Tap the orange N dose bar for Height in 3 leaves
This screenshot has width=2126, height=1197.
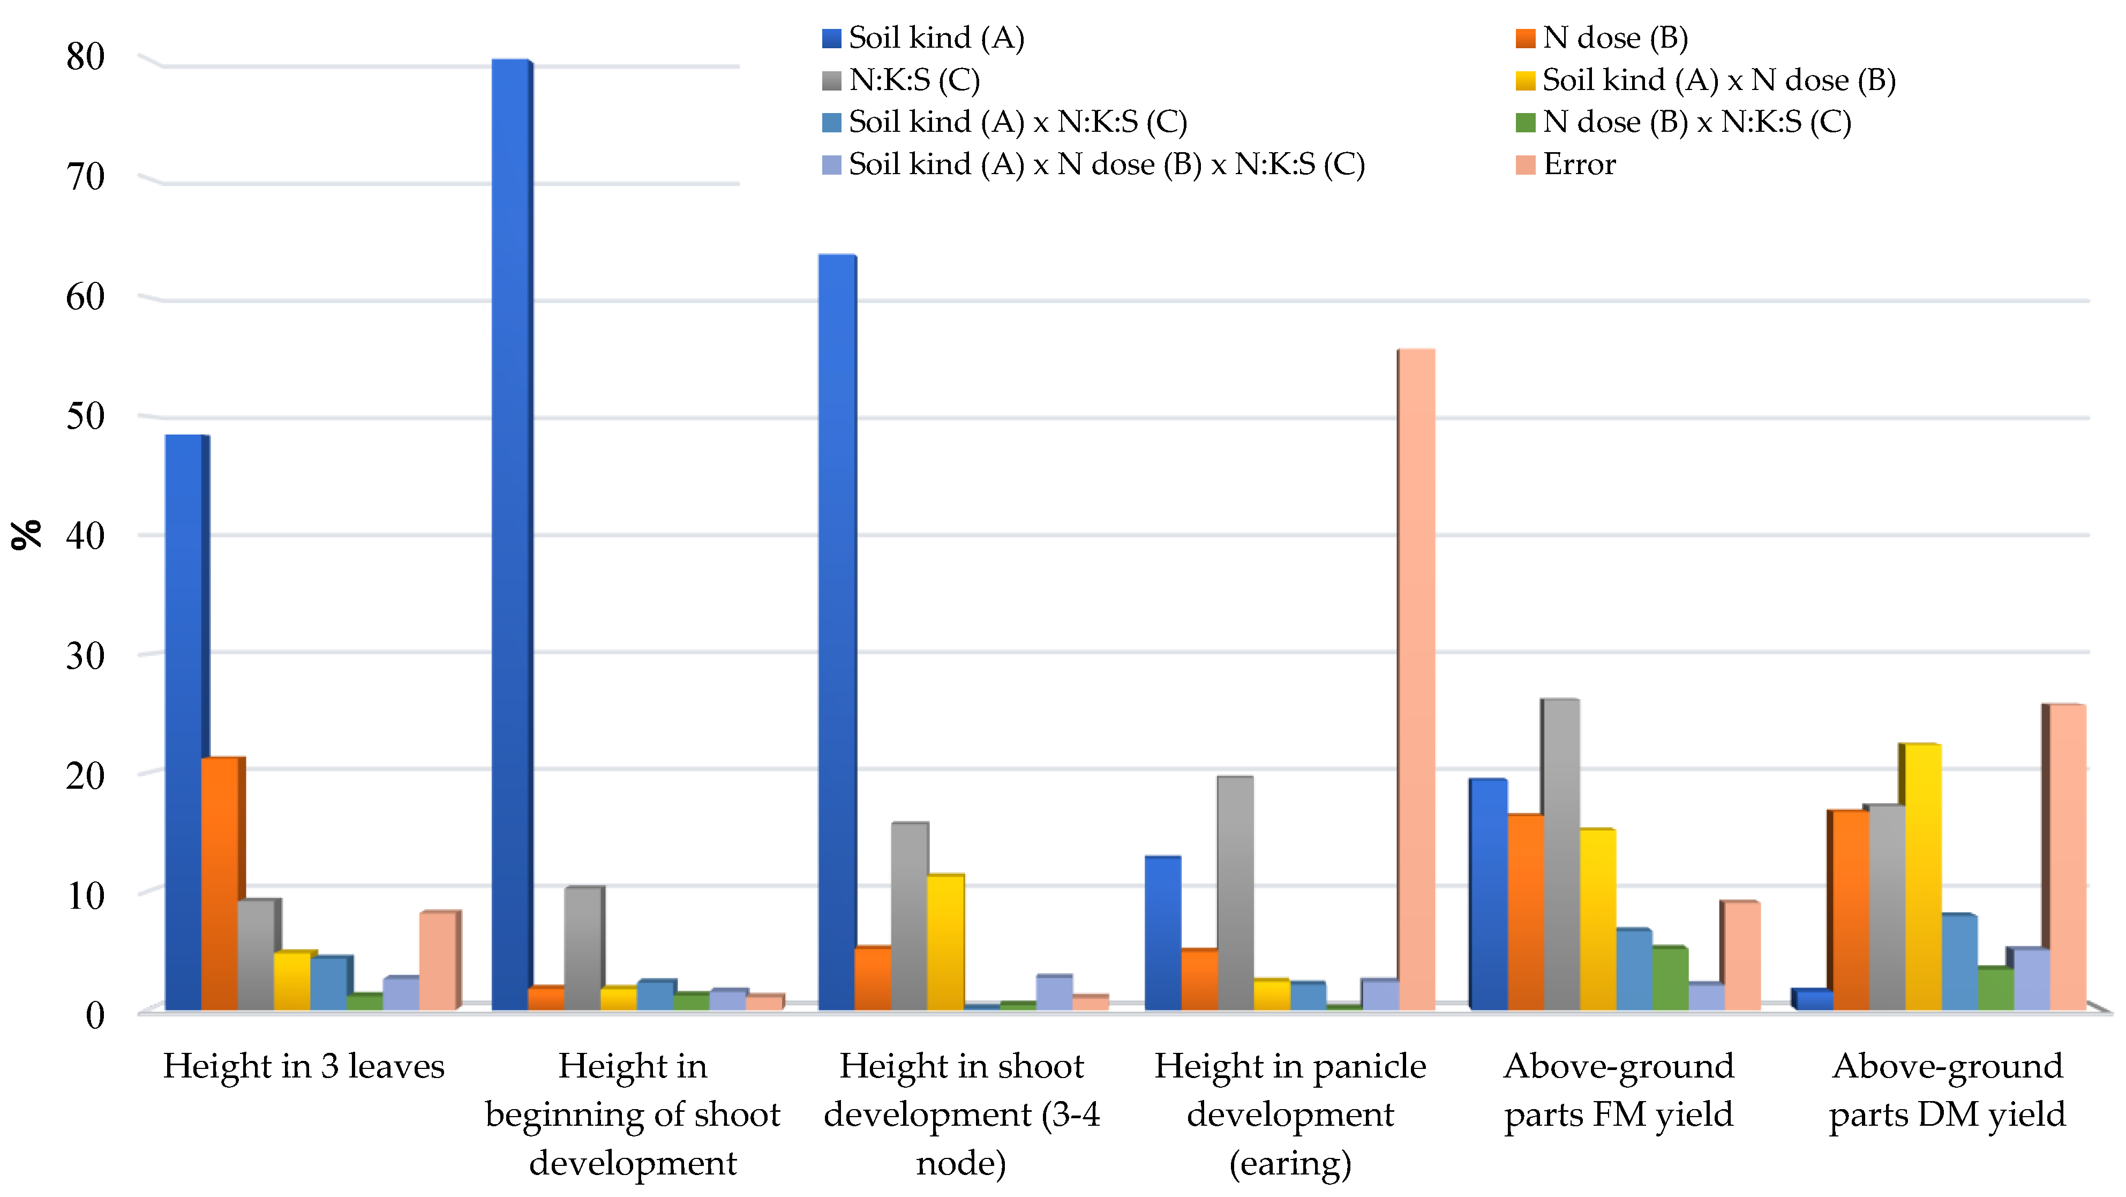coord(220,884)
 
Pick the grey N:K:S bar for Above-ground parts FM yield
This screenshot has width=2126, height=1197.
coord(1560,855)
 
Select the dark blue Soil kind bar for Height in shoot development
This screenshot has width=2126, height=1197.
coord(836,632)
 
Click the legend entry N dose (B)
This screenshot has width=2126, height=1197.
coord(1601,38)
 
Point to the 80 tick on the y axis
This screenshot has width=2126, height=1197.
coord(85,57)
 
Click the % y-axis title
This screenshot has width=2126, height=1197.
coord(26,534)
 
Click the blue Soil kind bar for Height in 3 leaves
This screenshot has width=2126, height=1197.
coord(183,722)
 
